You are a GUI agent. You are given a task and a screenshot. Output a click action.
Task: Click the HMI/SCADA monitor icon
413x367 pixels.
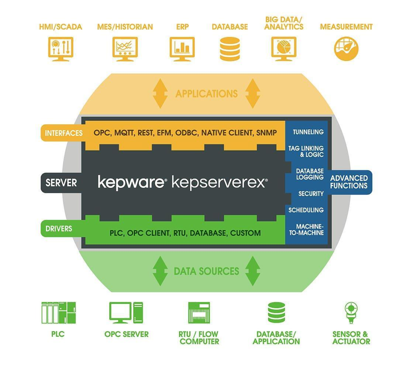pyautogui.click(x=60, y=49)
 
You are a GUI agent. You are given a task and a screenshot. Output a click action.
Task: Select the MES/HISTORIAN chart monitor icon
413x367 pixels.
pyautogui.click(x=125, y=49)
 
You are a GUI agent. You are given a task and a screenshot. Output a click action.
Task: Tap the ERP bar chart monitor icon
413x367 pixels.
pyautogui.click(x=182, y=49)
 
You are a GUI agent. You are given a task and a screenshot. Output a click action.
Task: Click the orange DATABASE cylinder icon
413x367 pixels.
pyautogui.click(x=229, y=49)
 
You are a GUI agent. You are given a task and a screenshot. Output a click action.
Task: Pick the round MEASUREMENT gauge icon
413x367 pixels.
pyautogui.click(x=346, y=49)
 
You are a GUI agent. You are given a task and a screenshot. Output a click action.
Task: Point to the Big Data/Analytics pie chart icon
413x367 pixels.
pyautogui.click(x=284, y=49)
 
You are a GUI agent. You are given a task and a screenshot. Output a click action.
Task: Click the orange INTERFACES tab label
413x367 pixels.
pyautogui.click(x=63, y=133)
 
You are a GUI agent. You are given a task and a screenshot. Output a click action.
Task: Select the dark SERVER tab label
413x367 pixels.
pyautogui.click(x=61, y=183)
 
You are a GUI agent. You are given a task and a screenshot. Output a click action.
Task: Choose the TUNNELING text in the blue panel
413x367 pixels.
pyautogui.click(x=308, y=132)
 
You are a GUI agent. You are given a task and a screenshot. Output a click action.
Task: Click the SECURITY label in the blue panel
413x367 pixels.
pyautogui.click(x=311, y=194)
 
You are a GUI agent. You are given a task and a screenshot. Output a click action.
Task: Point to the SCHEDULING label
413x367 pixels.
pyautogui.click(x=306, y=210)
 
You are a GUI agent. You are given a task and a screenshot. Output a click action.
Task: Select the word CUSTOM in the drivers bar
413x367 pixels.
pyautogui.click(x=246, y=233)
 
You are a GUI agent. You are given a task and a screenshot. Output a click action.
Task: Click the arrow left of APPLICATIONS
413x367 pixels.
pyautogui.click(x=160, y=93)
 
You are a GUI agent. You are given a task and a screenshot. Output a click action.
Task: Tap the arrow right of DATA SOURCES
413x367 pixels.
pyautogui.click(x=252, y=271)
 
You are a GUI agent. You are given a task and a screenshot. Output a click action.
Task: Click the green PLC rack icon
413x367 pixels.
pyautogui.click(x=58, y=313)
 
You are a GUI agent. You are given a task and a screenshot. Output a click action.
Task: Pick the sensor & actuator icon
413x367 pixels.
pyautogui.click(x=351, y=313)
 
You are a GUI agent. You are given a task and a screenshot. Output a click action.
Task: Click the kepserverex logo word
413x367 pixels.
pyautogui.click(x=220, y=182)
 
